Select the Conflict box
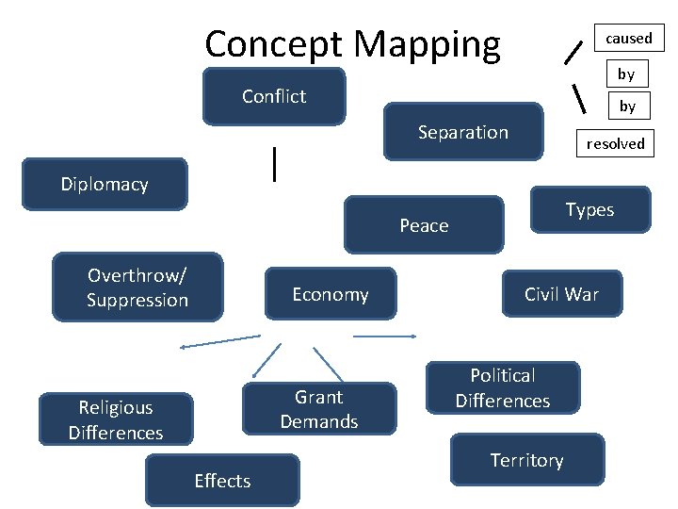pos(274,96)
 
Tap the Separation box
pos(463,132)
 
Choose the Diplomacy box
pos(105,184)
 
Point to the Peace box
pos(424,225)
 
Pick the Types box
pos(589,210)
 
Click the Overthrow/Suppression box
pos(137,287)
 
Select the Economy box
pos(330,294)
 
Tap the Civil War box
pos(561,294)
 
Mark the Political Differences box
pos(503,388)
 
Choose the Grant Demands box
pos(319,409)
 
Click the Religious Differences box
pos(116,419)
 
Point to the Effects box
pos(222,481)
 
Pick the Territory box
pos(527,460)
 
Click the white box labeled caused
pos(628,39)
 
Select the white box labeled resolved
pos(615,143)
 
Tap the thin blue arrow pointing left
pos(219,341)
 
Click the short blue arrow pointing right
pos(384,336)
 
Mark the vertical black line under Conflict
pos(274,163)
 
